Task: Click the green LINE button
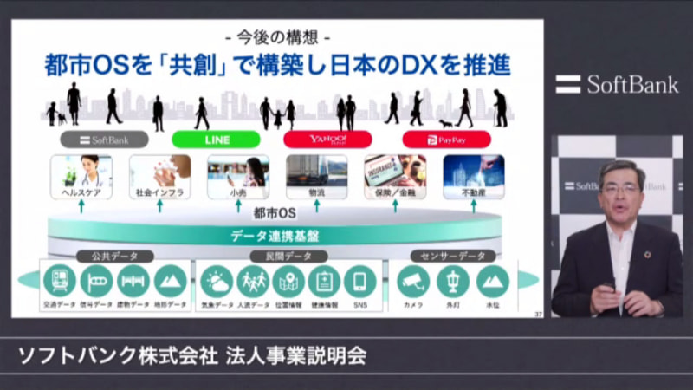216,139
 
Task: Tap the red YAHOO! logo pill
327,139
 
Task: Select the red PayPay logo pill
446,139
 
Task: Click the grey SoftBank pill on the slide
104,139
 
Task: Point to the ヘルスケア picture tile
81,176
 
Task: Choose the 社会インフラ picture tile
159,176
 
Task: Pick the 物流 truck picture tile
316,176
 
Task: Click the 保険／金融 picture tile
395,176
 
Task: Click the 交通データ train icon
59,281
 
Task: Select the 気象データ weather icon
217,281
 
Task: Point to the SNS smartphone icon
359,281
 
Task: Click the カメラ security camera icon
413,281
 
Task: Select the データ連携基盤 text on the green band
275,235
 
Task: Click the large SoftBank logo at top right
617,84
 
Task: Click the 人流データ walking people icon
254,281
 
